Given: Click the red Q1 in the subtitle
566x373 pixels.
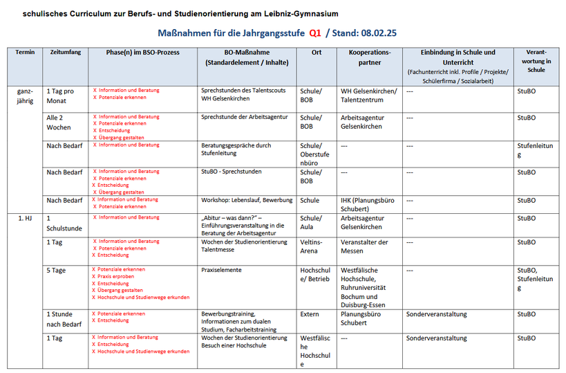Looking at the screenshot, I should pyautogui.click(x=314, y=33).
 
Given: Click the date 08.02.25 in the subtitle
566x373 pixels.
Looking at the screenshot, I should pyautogui.click(x=379, y=33).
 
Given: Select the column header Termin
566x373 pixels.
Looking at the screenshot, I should pyautogui.click(x=25, y=53).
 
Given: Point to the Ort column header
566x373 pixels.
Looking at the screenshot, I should pyautogui.click(x=316, y=53).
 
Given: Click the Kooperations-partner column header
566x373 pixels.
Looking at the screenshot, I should pyautogui.click(x=370, y=57).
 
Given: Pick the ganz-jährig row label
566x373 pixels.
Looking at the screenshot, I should pyautogui.click(x=24, y=95).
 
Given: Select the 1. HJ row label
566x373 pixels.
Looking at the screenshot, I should pyautogui.click(x=25, y=218).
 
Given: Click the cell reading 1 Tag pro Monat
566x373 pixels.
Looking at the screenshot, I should pyautogui.click(x=60, y=95).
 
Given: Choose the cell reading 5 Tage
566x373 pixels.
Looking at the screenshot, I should pyautogui.click(x=57, y=270).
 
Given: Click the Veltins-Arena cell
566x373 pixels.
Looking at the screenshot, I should pyautogui.click(x=311, y=246).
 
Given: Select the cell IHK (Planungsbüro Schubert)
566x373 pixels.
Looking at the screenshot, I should pyautogui.click(x=368, y=204).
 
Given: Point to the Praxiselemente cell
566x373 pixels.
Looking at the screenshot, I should pyautogui.click(x=221, y=270).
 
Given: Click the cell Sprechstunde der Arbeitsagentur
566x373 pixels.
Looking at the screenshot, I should pyautogui.click(x=244, y=118).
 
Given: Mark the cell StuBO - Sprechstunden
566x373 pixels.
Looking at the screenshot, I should pyautogui.click(x=232, y=172).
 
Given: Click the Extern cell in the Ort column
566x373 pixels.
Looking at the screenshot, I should pyautogui.click(x=310, y=314).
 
